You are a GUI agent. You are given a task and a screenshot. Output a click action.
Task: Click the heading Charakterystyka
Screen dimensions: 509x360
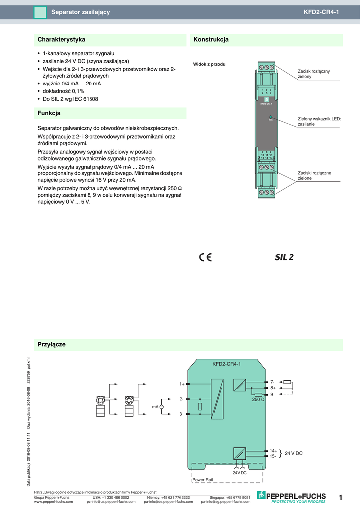coord(62,40)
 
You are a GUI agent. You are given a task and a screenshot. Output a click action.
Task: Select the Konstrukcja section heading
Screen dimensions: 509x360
coord(211,40)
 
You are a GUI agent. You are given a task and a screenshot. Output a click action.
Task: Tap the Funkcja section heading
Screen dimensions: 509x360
coord(49,113)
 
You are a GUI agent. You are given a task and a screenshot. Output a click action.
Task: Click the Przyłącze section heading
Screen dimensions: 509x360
coord(52,344)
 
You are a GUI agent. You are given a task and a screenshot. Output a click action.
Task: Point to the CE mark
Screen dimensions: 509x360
coord(205,257)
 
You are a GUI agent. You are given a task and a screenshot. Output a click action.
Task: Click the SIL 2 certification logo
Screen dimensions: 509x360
coord(284,257)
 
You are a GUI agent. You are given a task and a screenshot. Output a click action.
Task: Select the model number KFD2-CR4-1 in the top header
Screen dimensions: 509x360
coord(321,12)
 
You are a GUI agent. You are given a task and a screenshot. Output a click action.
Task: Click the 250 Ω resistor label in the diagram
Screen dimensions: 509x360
coord(258,400)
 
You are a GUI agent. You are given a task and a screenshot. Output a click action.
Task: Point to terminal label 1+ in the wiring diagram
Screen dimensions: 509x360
coord(182,384)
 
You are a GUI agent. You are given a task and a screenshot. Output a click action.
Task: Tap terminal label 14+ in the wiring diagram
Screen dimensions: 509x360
coord(273,451)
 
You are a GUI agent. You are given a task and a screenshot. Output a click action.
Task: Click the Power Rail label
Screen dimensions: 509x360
coord(203,480)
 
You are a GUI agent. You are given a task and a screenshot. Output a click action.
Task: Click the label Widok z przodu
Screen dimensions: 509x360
coord(209,64)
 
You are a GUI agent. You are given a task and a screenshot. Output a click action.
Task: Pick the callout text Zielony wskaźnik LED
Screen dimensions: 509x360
coord(319,119)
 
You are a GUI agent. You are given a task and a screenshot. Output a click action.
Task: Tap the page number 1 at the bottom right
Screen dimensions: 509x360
coord(341,497)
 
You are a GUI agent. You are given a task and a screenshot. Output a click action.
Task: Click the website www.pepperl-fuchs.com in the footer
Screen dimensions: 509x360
coord(53,502)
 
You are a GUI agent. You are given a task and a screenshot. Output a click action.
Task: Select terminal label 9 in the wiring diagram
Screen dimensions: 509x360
coord(272,394)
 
